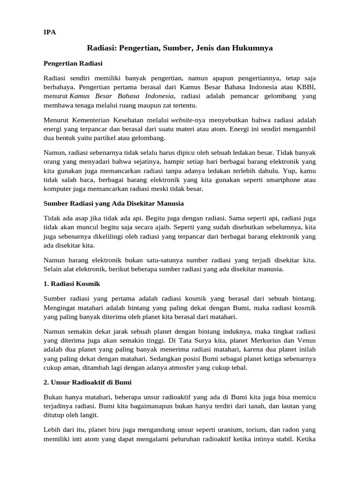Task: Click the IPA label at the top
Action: click(x=49, y=32)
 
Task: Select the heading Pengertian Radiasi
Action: click(x=73, y=63)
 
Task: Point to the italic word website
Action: click(x=181, y=120)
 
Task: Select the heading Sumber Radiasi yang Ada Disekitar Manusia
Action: click(x=114, y=203)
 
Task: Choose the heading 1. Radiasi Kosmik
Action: click(x=72, y=284)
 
